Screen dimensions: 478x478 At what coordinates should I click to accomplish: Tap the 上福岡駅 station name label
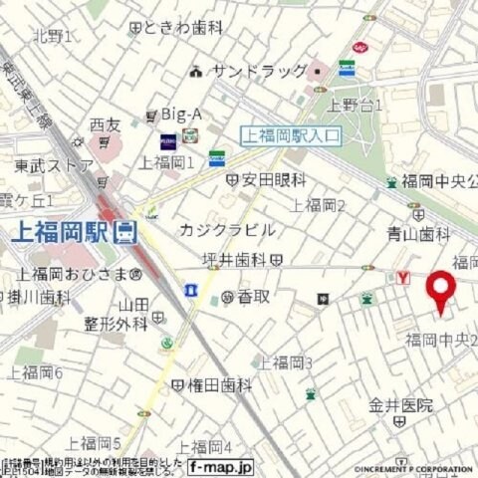coord(60,232)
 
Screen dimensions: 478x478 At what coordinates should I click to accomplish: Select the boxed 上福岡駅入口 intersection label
coord(290,136)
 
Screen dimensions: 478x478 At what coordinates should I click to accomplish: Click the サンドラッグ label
coord(253,72)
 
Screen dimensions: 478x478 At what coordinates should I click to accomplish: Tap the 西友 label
coord(104,124)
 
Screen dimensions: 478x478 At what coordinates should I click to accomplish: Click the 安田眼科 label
coord(272,180)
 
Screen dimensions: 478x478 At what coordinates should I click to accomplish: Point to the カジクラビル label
coord(227,230)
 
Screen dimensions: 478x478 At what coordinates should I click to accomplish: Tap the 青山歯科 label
coord(418,234)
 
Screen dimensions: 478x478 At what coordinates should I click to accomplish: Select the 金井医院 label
coord(401,404)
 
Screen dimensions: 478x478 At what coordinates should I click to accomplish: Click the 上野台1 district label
coord(356,105)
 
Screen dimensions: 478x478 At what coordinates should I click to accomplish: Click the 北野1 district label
coord(51,37)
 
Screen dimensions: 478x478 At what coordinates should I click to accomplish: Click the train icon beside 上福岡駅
coord(124,233)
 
